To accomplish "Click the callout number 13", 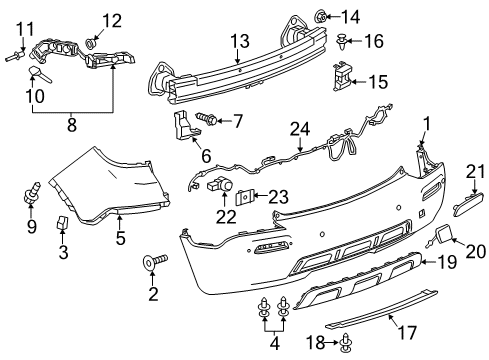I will click(238, 40).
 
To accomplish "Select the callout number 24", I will click(297, 127).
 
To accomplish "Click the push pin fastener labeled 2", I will click(154, 261).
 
